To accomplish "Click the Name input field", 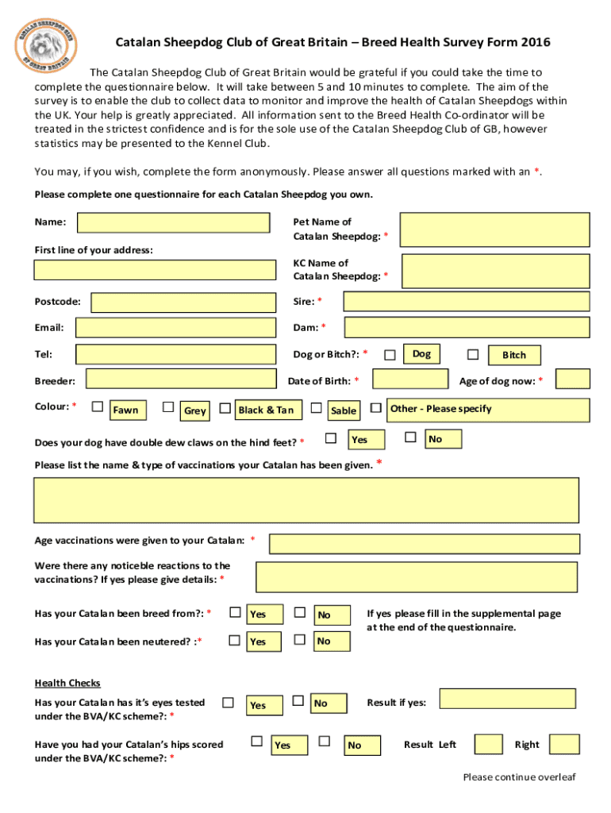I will (x=173, y=222).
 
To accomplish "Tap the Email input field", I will (x=173, y=327).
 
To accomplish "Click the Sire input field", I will (x=466, y=302).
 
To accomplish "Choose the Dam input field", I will (x=467, y=327).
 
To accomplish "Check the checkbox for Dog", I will (x=390, y=354).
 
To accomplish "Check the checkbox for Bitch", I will (x=473, y=354).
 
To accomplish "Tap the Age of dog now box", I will (x=572, y=380).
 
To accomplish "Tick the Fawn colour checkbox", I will (x=98, y=407).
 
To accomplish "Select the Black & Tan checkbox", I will (x=225, y=408).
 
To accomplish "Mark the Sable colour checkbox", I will (x=317, y=408).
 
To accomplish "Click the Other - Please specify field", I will (x=488, y=410).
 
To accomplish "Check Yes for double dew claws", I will (x=332, y=437).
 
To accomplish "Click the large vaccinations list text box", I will (x=311, y=499).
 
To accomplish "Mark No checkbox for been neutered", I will (x=300, y=639).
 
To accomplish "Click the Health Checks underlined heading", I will (x=67, y=683).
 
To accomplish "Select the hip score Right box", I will (x=564, y=744).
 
